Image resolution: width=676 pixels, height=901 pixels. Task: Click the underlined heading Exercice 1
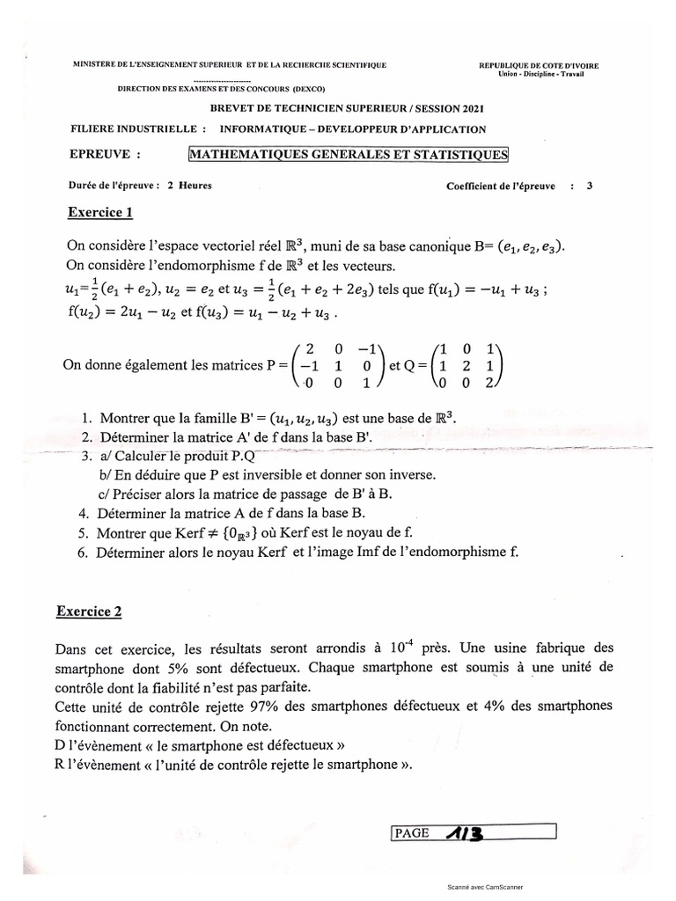pos(99,212)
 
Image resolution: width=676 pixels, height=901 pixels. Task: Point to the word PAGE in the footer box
pos(413,832)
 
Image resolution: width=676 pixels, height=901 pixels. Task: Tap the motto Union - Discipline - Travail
pos(540,74)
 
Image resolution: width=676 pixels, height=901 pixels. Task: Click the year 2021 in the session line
pos(466,108)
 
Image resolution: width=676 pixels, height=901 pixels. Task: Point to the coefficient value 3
pos(589,186)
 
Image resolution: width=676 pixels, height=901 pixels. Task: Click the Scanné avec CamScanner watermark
pos(490,888)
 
